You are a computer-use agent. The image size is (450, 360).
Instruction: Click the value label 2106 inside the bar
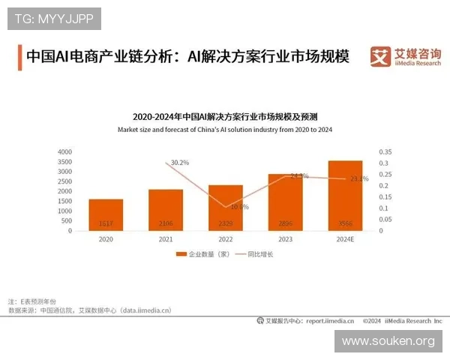165,224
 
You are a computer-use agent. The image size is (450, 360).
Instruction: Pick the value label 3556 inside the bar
345,224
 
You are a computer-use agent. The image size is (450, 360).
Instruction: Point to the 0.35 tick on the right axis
386,151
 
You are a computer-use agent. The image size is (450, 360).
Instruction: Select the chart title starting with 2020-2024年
225,116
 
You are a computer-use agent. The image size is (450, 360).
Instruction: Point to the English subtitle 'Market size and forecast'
225,130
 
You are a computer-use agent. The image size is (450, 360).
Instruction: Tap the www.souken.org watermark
388,341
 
